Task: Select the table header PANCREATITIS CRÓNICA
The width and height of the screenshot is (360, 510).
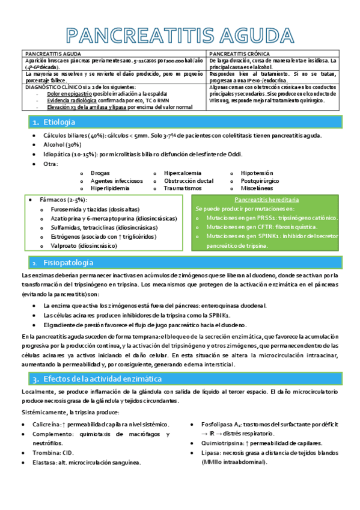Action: point(237,54)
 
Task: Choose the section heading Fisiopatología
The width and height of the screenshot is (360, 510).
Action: point(69,263)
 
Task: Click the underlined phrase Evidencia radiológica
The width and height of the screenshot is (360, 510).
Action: point(70,100)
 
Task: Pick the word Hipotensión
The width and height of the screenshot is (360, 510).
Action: point(257,173)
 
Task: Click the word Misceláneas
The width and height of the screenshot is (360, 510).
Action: point(257,188)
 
